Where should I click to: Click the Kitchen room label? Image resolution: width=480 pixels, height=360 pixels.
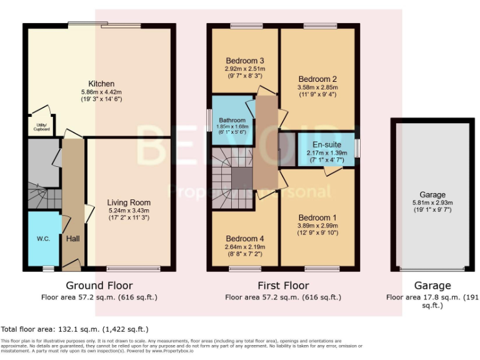[x=101, y=84]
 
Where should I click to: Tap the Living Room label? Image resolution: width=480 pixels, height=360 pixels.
[x=129, y=202]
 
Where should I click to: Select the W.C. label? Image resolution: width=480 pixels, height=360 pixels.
[x=43, y=238]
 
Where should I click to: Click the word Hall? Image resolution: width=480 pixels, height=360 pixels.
[x=72, y=238]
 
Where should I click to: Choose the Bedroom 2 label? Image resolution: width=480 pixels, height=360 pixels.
[x=317, y=79]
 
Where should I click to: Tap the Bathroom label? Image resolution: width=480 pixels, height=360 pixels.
[x=232, y=121]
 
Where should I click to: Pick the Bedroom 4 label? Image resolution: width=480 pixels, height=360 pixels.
[x=245, y=239]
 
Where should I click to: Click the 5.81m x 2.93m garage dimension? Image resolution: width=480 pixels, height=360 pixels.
[x=432, y=202]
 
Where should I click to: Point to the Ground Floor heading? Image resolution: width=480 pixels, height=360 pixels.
[x=99, y=286]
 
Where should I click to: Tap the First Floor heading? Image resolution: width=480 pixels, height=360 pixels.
[x=284, y=286]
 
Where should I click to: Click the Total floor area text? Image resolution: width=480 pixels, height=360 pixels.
[x=74, y=329]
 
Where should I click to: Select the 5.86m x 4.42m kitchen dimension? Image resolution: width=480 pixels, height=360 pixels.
[x=101, y=92]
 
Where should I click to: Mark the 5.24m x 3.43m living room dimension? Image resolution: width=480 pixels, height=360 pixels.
[x=129, y=211]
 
